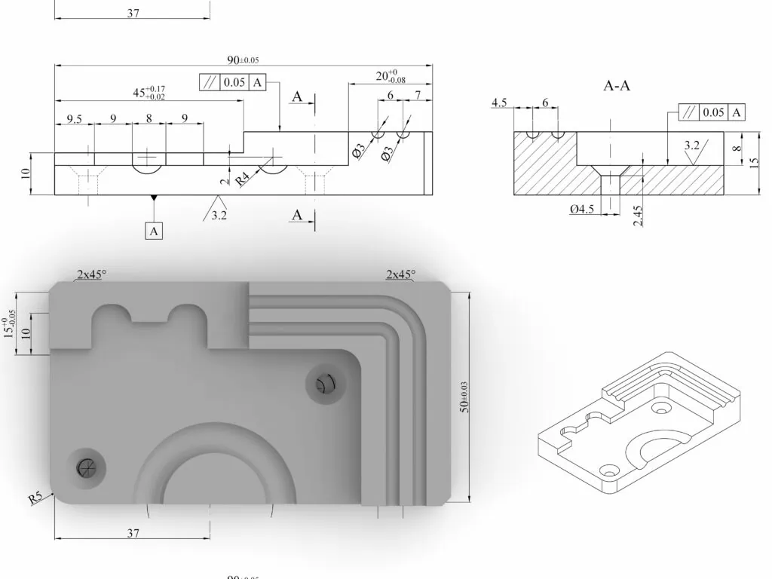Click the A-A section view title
coord(617,87)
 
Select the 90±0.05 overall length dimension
coord(243,60)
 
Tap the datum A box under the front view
coord(154,231)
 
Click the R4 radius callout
coord(243,179)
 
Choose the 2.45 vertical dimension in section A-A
coord(638,214)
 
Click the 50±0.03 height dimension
coord(464,397)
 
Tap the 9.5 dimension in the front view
coord(74,119)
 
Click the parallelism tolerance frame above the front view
coord(233,83)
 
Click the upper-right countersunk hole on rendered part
coord(323,385)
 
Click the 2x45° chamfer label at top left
coord(90,274)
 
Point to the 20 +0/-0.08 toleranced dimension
coord(391,76)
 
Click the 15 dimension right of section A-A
coord(754,163)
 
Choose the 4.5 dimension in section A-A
coord(499,103)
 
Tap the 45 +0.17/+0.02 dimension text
coord(149,93)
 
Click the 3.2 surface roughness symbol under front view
coord(218,214)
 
